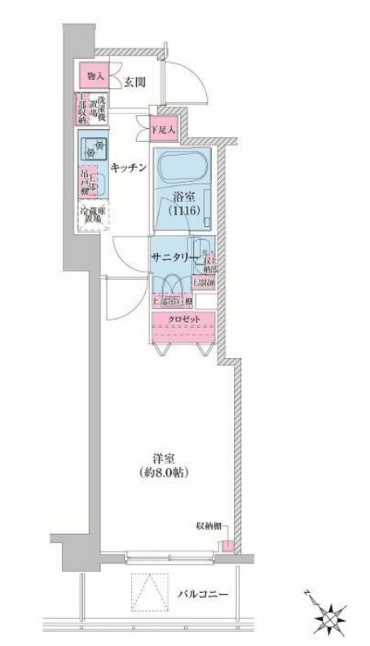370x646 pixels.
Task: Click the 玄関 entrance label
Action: coord(134,82)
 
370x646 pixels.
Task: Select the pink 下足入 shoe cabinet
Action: coord(163,128)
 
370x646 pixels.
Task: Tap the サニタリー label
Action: coord(170,256)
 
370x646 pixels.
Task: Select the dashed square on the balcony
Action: coord(147,590)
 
